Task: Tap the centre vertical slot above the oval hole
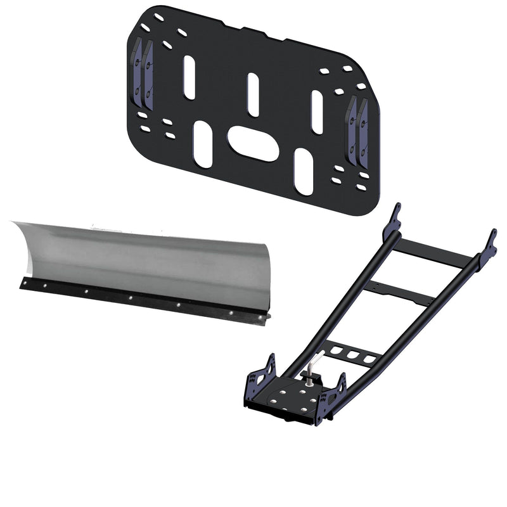click(x=253, y=94)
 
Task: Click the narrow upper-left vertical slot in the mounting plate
click(x=189, y=77)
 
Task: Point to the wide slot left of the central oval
click(x=204, y=144)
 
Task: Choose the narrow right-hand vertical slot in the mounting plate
click(x=318, y=112)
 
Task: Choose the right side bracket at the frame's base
click(x=332, y=399)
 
